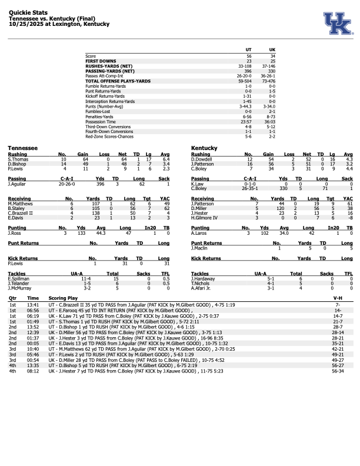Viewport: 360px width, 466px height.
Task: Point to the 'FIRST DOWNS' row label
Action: pos(99,60)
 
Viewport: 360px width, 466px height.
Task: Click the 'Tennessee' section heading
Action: pos(23,148)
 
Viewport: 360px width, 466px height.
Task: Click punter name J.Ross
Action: pos(14,232)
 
